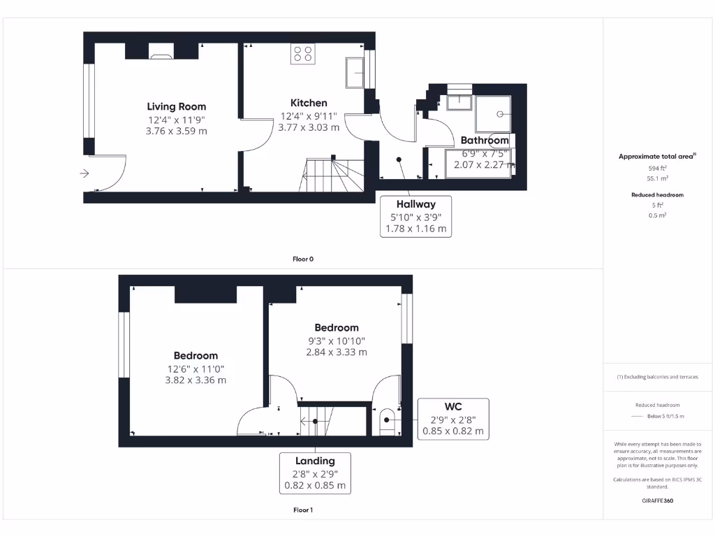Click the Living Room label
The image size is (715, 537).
coord(176,106)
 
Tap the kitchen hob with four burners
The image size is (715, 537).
coord(303,54)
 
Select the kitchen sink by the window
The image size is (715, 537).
coord(354,73)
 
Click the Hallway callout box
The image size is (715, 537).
coord(416,216)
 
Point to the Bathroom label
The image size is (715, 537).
coord(485,141)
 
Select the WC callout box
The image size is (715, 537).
coord(453,418)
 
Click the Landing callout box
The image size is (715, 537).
coord(315,473)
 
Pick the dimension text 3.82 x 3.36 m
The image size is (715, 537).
coord(196,380)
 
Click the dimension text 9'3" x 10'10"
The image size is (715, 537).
coord(337,341)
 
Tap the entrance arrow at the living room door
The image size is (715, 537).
coord(85,173)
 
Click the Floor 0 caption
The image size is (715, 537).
coord(303,259)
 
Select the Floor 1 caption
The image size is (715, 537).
coord(303,510)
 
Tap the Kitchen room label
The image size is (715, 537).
coord(309,103)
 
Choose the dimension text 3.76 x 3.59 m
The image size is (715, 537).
coord(176,131)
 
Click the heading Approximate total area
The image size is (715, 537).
coord(656,157)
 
